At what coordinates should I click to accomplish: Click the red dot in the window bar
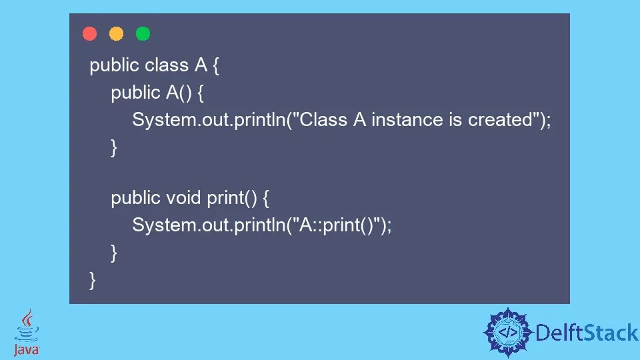point(89,34)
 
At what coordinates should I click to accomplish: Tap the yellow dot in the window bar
point(116,34)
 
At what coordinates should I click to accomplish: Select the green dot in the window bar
point(143,34)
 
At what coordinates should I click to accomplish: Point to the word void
point(183,198)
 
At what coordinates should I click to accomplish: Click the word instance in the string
point(407,120)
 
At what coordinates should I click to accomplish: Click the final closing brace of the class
point(93,280)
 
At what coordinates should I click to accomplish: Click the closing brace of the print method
point(114,253)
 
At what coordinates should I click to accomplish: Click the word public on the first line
point(114,65)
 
